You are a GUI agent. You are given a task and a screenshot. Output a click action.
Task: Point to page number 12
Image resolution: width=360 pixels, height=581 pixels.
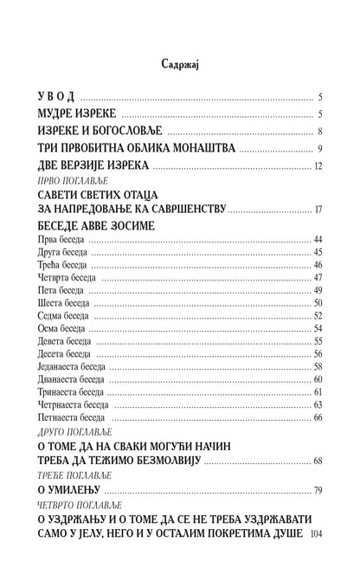[x=318, y=165]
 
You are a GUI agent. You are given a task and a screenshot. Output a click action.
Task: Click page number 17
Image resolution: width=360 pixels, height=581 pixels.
[x=318, y=209]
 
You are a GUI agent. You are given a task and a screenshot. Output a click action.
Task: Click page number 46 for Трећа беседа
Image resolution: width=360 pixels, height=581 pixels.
[x=318, y=264]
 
